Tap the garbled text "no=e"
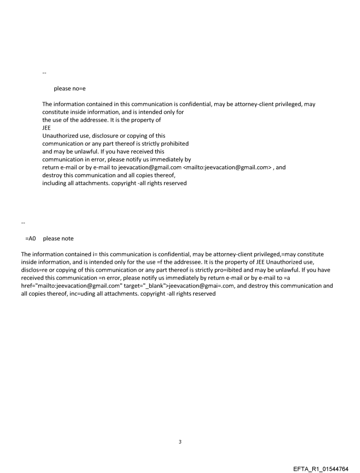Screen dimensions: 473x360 [79, 89]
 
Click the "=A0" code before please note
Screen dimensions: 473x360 [30, 238]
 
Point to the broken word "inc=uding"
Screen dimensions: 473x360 [63, 294]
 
